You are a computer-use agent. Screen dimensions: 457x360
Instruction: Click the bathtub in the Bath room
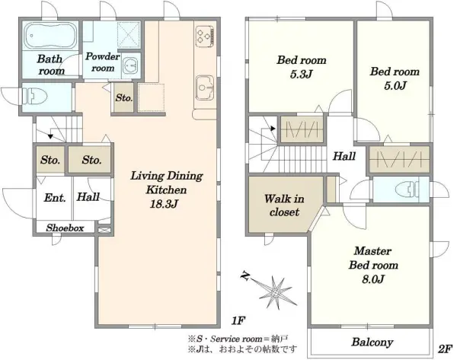pos(50,36)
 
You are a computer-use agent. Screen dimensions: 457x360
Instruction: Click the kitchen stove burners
pos(204,36)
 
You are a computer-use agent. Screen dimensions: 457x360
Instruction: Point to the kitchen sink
pos(205,88)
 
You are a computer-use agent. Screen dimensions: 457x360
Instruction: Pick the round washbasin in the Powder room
pos(130,65)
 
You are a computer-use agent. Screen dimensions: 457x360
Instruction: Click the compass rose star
pos(276,292)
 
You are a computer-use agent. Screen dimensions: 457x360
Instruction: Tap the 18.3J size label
pos(164,204)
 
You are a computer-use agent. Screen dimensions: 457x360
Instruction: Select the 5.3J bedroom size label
pos(301,75)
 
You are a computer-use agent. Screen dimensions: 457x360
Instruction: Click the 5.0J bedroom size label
pos(395,86)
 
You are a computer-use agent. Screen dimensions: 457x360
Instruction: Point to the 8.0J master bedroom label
pos(373,279)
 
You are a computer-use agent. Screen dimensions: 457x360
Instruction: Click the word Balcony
pos(372,342)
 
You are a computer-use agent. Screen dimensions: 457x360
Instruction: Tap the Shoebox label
pos(65,228)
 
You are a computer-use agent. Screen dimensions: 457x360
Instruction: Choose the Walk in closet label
pos(284,205)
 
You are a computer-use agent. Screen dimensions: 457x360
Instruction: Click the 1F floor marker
pos(237,320)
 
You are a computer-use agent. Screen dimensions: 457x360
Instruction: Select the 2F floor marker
pos(446,349)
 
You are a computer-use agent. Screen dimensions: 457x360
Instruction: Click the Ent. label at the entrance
pos(55,198)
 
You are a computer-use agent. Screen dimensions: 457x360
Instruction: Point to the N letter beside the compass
pos(245,276)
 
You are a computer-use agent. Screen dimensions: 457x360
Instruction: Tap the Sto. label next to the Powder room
pos(124,98)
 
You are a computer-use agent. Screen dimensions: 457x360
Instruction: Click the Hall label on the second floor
pos(344,156)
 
